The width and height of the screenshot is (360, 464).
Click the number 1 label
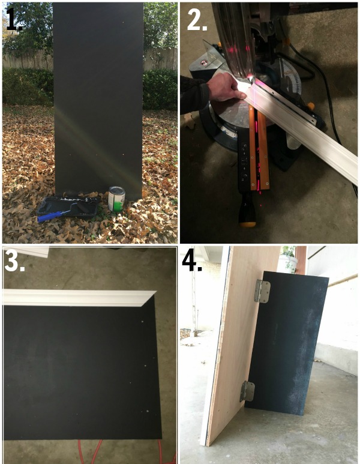pos(14,19)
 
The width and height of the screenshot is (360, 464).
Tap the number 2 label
pos(197,20)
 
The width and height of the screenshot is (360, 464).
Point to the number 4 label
pos(192,261)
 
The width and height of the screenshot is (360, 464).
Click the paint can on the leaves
pos(116,199)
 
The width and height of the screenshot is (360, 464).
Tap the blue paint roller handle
pos(50,216)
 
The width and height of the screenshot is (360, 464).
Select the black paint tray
pos(68,206)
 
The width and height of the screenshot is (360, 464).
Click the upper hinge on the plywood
pos(262,292)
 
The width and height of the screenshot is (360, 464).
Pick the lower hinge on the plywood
pos(248,391)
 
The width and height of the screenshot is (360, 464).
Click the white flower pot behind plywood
pos(287,264)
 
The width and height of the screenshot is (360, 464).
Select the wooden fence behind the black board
pos(28,59)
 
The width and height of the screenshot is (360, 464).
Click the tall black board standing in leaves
pos(98,101)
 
